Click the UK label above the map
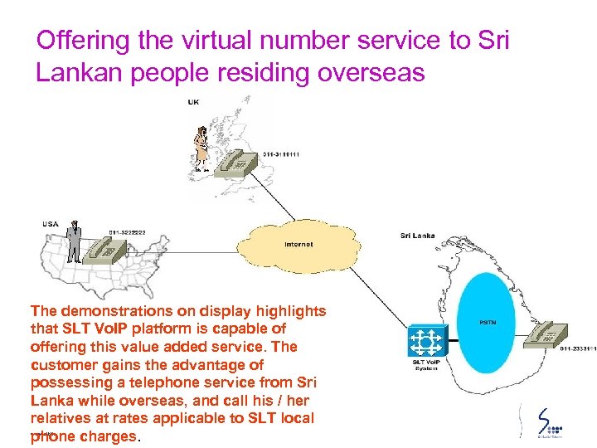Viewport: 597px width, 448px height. pos(192,102)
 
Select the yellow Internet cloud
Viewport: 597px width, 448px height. pos(298,243)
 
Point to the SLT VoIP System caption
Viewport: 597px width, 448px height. pos(426,365)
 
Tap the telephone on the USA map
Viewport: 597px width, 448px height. pos(107,249)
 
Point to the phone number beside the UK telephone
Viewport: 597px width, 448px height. pos(281,154)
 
